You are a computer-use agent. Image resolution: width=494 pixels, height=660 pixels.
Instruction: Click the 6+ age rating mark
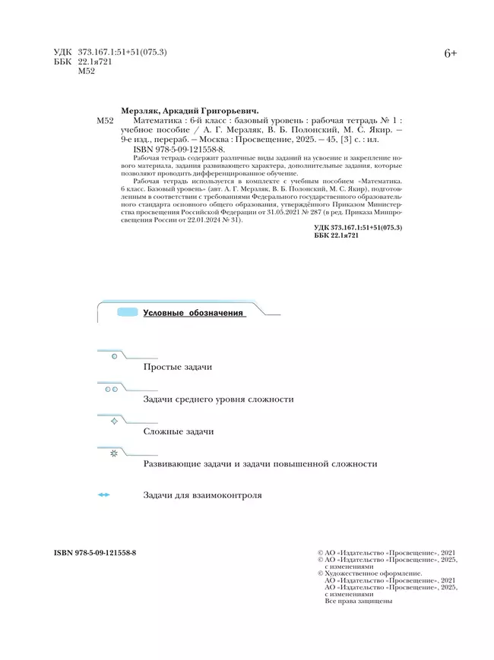pyautogui.click(x=450, y=54)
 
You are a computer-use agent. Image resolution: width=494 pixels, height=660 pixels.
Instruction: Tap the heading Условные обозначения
pyautogui.click(x=194, y=313)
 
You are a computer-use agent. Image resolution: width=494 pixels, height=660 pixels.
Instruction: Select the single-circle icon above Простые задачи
pyautogui.click(x=114, y=355)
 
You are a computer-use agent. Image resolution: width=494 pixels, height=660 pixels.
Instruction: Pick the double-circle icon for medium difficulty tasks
pyautogui.click(x=111, y=388)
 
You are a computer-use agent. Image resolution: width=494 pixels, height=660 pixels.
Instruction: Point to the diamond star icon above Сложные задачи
pyautogui.click(x=114, y=420)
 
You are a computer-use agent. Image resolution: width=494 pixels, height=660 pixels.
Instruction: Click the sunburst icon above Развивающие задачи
pyautogui.click(x=114, y=453)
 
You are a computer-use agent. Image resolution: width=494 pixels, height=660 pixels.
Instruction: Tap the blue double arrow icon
pyautogui.click(x=104, y=495)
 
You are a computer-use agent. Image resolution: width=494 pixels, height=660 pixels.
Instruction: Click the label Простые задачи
pyautogui.click(x=177, y=367)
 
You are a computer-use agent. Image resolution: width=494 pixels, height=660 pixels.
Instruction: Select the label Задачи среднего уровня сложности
pyautogui.click(x=218, y=399)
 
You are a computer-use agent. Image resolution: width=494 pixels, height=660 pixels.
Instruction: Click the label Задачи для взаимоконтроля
pyautogui.click(x=202, y=495)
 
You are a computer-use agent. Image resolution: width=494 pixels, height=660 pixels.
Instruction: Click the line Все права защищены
pyautogui.click(x=358, y=602)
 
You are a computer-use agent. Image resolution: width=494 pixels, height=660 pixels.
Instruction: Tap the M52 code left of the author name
pyautogui.click(x=105, y=120)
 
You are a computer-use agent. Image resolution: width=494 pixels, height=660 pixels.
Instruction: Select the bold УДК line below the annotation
pyautogui.click(x=357, y=228)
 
